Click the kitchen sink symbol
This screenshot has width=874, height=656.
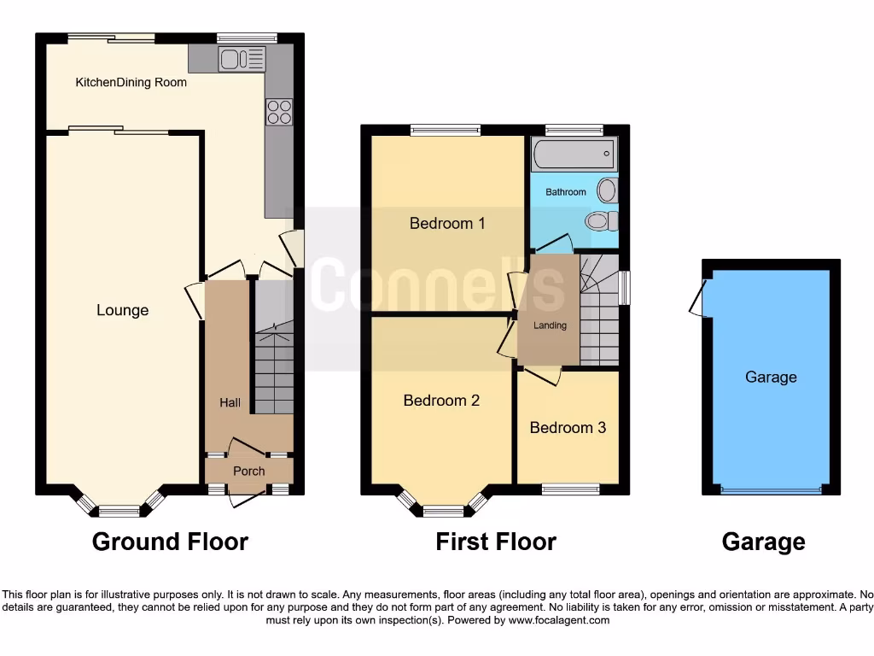tap(242, 59)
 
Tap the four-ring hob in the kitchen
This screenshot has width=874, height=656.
tap(280, 112)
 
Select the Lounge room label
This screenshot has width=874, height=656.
tap(122, 310)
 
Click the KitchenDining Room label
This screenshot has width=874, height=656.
tap(131, 83)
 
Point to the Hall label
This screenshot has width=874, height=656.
tap(230, 402)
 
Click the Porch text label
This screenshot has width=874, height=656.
tap(248, 471)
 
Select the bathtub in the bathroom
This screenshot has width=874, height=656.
tap(573, 155)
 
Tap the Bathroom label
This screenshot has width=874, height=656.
tap(566, 192)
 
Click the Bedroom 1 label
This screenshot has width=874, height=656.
tap(447, 224)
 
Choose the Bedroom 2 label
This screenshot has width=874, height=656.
tap(441, 400)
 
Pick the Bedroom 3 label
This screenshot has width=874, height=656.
tap(568, 427)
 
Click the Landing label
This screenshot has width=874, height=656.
tap(550, 325)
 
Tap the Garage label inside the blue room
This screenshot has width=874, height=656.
tap(771, 377)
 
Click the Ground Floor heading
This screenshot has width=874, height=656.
tap(170, 542)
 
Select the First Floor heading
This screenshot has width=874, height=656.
tap(495, 542)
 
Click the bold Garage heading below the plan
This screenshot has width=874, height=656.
tap(763, 542)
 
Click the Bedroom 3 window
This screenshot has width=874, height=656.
tap(570, 489)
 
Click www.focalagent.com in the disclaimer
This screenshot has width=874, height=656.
tap(558, 620)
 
